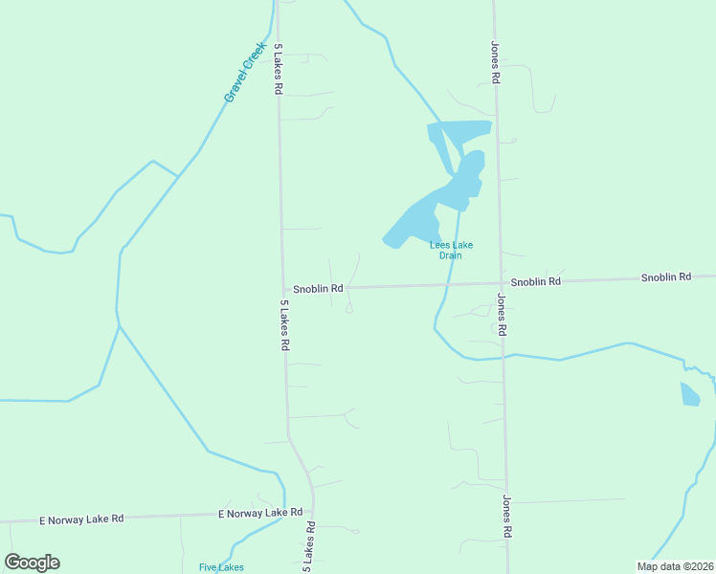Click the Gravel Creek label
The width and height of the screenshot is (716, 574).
(244, 72)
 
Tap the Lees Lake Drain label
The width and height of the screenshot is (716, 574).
(451, 250)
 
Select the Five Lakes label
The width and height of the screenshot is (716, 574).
(221, 567)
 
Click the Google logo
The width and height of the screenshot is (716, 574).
(32, 563)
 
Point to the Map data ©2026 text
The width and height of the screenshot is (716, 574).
(674, 566)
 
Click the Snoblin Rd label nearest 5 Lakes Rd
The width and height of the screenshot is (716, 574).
(318, 288)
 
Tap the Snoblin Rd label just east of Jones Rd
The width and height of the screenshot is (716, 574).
(535, 282)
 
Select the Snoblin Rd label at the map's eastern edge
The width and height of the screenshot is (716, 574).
(665, 277)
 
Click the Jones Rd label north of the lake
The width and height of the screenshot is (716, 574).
(495, 63)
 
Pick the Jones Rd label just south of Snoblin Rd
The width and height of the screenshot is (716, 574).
(501, 314)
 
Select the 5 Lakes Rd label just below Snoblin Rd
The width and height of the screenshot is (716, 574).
(284, 325)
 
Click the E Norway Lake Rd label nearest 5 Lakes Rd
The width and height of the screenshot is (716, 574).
(260, 514)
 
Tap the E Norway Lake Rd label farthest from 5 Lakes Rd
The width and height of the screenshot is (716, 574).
(81, 519)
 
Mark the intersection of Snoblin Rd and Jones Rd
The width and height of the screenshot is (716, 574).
(500, 283)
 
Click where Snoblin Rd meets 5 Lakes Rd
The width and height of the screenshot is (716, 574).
(283, 289)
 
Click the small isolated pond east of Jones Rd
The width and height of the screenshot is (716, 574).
(689, 393)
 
